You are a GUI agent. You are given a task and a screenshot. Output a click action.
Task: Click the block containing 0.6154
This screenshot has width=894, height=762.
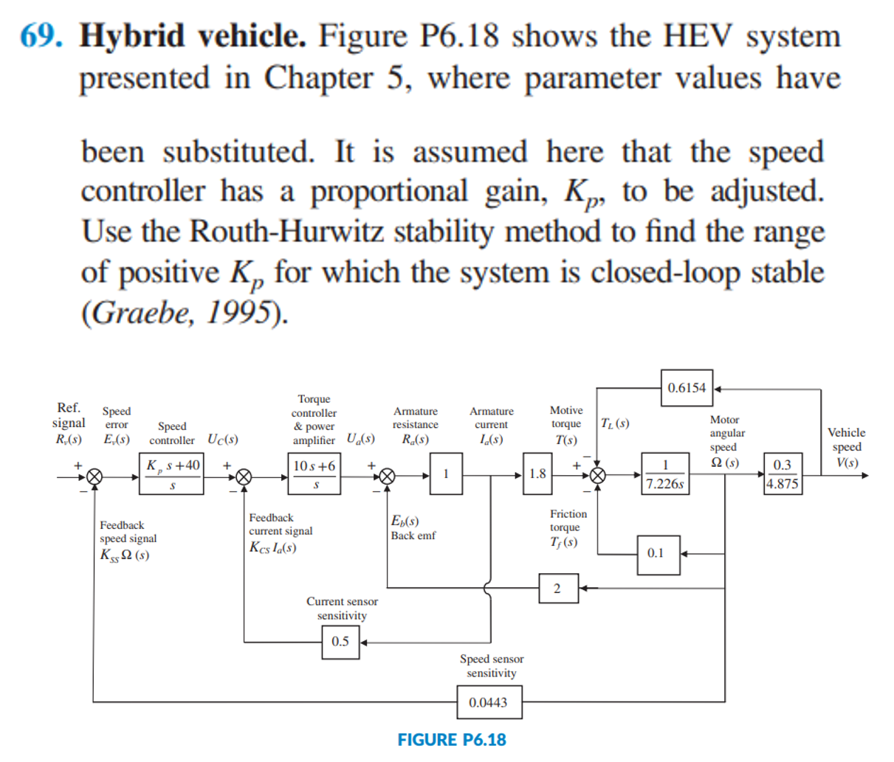point(687,388)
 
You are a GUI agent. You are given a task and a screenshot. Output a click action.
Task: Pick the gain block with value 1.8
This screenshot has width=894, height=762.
point(537,474)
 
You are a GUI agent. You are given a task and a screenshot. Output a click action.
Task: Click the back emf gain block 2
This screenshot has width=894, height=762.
point(557,588)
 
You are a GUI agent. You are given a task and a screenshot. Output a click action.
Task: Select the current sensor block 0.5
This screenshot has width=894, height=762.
point(340,642)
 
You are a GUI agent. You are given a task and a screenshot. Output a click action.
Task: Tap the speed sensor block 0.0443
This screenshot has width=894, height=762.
point(488,702)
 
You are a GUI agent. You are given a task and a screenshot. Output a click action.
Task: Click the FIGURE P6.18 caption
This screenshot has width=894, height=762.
point(452,740)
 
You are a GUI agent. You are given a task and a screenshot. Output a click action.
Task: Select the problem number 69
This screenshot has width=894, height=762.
point(41,35)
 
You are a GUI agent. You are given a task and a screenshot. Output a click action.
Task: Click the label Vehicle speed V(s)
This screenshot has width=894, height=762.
point(846,447)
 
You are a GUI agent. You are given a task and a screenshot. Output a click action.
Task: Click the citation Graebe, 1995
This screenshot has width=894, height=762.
point(184,313)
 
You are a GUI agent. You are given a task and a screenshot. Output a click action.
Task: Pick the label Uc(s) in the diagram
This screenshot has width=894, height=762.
point(222,440)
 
